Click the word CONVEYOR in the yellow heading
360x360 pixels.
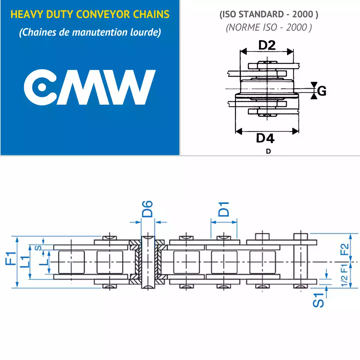(x=103, y=14)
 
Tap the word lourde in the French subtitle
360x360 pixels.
(x=145, y=32)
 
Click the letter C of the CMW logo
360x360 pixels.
(x=40, y=87)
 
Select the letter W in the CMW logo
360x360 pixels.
(x=128, y=87)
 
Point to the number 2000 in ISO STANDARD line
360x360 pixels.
(x=303, y=14)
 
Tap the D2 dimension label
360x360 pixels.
(x=267, y=45)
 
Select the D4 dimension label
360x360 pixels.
(x=265, y=138)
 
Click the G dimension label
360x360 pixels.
(x=322, y=91)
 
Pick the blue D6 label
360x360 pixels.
(x=147, y=209)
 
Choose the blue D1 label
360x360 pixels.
(x=223, y=209)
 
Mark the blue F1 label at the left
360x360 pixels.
(x=11, y=258)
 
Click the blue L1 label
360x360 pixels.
(x=25, y=262)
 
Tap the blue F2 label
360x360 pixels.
(x=344, y=249)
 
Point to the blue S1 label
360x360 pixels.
(x=318, y=300)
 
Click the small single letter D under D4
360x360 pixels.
(x=268, y=151)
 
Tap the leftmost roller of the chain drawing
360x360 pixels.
(x=71, y=262)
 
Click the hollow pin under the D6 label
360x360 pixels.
(x=148, y=262)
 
